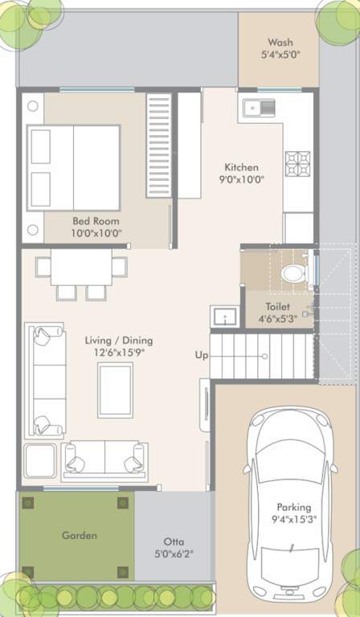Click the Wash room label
point(280,43)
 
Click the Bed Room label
point(91,221)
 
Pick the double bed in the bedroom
point(74,167)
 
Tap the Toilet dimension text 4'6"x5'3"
point(277,318)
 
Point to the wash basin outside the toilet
point(223,316)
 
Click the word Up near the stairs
point(202,354)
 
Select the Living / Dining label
point(119,341)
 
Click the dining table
point(83,269)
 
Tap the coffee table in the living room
point(115,390)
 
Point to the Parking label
point(293,507)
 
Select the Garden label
point(78,535)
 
